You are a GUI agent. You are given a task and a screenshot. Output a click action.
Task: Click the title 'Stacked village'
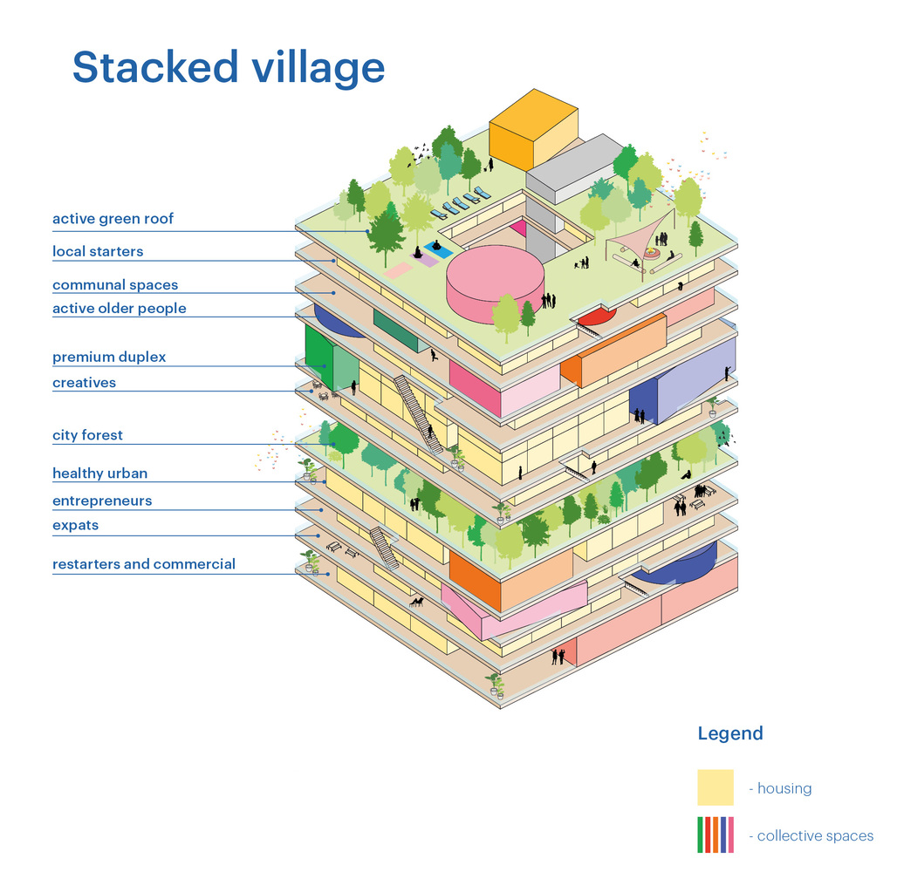coord(228,67)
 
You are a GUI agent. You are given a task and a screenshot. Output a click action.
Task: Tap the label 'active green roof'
coord(113,219)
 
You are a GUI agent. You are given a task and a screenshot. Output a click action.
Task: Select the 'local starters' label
coord(98,251)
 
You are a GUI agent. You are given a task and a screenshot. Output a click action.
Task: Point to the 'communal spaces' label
coord(115,285)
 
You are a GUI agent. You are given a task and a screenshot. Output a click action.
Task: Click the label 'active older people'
coord(119,309)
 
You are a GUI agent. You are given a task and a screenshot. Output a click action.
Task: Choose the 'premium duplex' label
coord(109,357)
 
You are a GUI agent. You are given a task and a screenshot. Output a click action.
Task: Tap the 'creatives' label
coord(84,382)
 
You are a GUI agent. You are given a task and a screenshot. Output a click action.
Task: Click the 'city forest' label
coord(87,435)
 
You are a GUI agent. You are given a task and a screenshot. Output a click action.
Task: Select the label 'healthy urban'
coord(99,473)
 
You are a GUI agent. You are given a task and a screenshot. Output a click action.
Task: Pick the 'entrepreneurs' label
coord(102,501)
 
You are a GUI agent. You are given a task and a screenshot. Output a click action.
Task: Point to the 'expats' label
coord(75,525)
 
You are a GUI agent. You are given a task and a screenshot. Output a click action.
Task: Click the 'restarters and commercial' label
coord(144,564)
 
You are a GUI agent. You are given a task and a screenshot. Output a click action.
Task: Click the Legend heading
coord(730,733)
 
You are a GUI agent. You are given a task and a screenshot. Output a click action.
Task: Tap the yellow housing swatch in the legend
coord(716,787)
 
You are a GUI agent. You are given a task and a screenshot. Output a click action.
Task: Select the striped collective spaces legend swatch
coord(716,835)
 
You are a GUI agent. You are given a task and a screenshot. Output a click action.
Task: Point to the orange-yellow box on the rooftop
coord(533,129)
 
